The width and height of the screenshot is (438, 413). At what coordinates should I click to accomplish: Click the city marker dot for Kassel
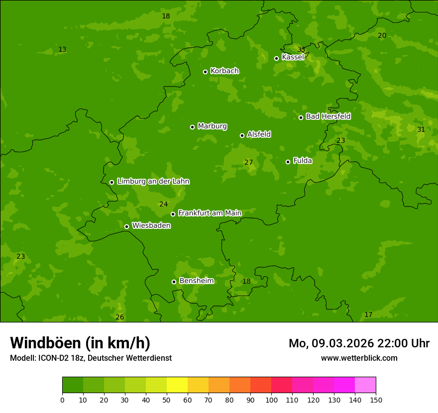click(x=277, y=58)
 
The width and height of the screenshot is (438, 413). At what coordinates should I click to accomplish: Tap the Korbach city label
click(x=224, y=71)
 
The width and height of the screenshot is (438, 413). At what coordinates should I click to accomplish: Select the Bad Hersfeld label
click(x=328, y=116)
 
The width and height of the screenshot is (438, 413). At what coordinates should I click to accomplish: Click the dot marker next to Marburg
click(x=192, y=127)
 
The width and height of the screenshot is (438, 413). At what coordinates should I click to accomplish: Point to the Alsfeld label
click(x=259, y=134)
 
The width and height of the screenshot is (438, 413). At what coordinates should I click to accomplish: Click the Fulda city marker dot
click(x=288, y=162)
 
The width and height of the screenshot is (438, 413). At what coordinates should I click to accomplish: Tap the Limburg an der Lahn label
click(x=153, y=182)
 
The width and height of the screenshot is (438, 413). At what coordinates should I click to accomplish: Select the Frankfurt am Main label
click(x=210, y=213)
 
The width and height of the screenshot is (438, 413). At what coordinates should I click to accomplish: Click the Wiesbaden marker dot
click(x=126, y=226)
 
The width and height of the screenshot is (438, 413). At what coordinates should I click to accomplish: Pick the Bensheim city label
click(x=196, y=281)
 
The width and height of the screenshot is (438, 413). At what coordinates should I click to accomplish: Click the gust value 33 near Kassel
click(x=301, y=49)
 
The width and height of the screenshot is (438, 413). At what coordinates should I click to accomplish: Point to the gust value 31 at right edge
click(x=421, y=129)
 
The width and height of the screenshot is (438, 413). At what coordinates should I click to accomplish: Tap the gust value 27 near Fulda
click(x=248, y=162)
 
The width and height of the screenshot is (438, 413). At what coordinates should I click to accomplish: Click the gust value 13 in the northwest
click(x=62, y=49)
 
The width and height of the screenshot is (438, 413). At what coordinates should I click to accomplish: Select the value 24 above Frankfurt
click(x=163, y=204)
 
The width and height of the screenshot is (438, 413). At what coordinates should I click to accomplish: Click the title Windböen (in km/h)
click(x=80, y=343)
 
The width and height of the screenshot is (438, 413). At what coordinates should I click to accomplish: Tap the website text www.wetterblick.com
click(x=359, y=358)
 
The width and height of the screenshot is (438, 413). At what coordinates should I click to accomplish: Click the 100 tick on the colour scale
click(x=271, y=400)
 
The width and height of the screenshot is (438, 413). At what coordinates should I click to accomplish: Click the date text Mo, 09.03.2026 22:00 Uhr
click(x=359, y=343)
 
